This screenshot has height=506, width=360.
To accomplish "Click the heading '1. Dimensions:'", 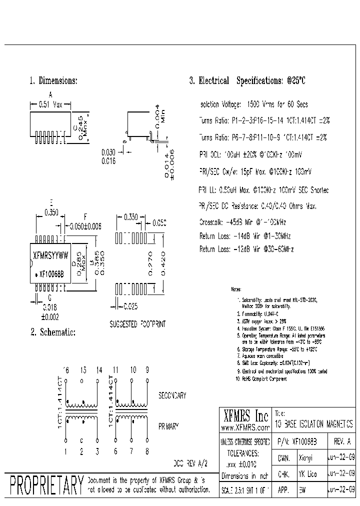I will click(x=53, y=80).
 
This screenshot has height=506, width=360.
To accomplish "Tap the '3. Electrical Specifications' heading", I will click(x=247, y=80).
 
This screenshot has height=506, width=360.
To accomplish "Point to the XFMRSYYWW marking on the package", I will click(x=51, y=254).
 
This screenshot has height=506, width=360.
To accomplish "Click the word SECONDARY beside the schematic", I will click(x=172, y=395).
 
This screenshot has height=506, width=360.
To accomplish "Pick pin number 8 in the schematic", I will click(x=146, y=451).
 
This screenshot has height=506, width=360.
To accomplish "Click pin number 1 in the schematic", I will click(x=65, y=451).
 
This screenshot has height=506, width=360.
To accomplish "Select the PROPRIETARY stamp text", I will click(x=46, y=485).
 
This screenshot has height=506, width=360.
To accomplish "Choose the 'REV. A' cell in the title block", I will click(x=341, y=442).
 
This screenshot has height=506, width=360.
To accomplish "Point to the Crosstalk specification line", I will click(x=242, y=221).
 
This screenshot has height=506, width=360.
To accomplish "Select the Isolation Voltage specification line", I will click(x=253, y=104).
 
